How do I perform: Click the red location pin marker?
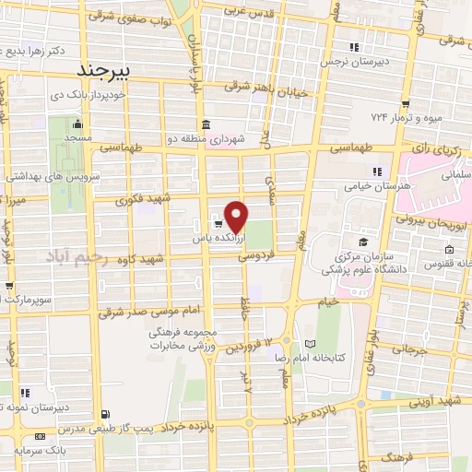pyautogui.click(x=237, y=216)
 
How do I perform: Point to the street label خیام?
pyautogui.click(x=328, y=302)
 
